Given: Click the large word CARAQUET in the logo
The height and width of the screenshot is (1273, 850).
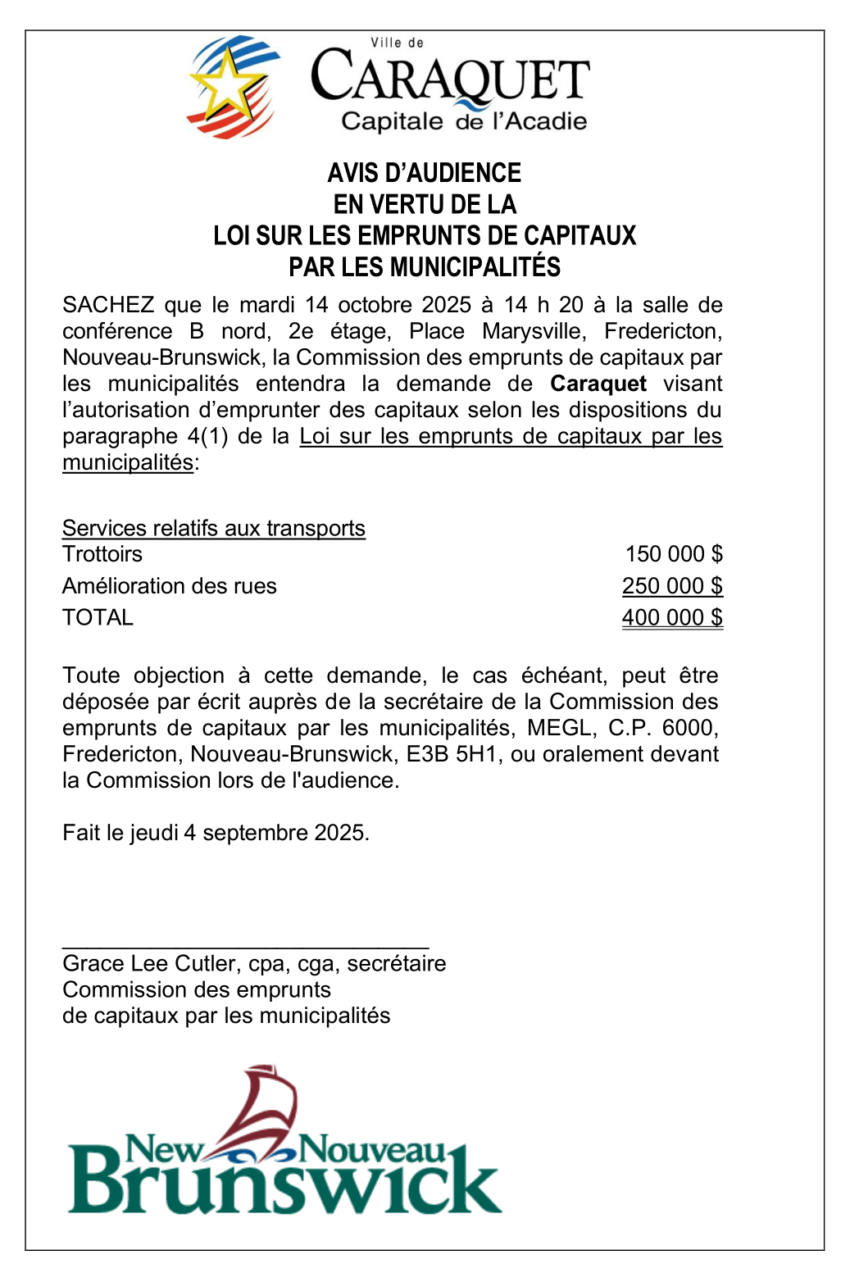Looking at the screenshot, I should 450,78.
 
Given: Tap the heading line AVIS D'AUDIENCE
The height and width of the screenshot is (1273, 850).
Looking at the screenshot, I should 425,173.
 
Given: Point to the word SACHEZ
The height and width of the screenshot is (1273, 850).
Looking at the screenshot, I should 108,305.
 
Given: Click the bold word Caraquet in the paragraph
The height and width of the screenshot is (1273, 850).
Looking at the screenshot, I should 598,384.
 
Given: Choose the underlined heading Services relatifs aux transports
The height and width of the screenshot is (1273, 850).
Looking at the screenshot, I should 214,528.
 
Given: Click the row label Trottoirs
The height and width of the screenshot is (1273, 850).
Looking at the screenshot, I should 102,554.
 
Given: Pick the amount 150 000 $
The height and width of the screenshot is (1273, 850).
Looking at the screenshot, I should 674,554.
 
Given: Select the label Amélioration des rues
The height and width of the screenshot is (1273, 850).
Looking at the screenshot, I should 170,586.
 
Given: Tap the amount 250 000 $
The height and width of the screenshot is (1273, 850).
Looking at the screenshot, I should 672,586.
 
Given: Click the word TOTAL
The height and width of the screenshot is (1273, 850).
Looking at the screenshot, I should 98,617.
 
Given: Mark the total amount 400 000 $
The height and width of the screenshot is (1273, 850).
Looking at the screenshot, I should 672,617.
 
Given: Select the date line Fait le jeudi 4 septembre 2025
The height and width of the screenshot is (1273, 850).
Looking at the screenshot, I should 216,833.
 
